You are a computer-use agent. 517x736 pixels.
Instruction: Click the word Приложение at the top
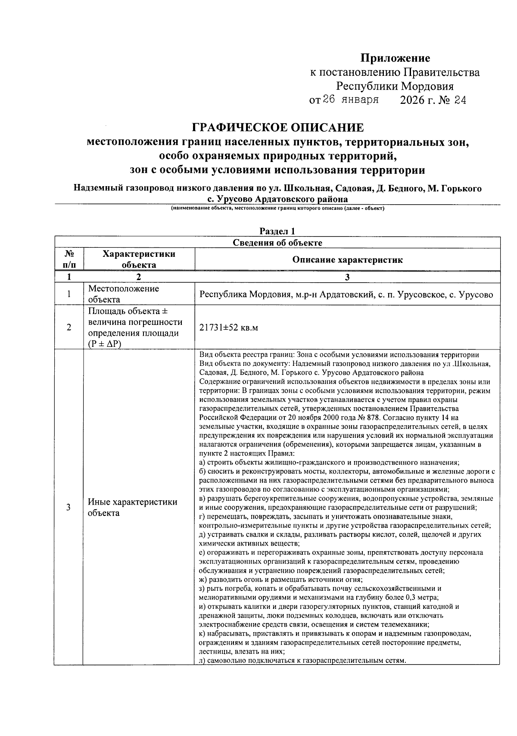pyautogui.click(x=395, y=58)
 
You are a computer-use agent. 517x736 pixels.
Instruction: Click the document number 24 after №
pyautogui.click(x=460, y=101)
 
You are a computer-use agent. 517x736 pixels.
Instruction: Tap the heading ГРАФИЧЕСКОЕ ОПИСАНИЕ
pyautogui.click(x=277, y=128)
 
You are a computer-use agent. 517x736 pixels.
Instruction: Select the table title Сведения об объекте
pyautogui.click(x=277, y=243)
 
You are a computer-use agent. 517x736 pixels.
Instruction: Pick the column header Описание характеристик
pyautogui.click(x=347, y=259)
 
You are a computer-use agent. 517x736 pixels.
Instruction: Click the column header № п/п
pyautogui.click(x=69, y=259)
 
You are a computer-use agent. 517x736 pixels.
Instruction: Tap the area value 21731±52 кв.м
pyautogui.click(x=229, y=328)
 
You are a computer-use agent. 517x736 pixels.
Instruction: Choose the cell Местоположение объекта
pyautogui.click(x=123, y=294)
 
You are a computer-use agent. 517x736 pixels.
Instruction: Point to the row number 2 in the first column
pyautogui.click(x=69, y=328)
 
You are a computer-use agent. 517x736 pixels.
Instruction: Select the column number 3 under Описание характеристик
pyautogui.click(x=347, y=277)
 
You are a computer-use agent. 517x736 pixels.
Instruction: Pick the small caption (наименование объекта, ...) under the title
pyautogui.click(x=277, y=209)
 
